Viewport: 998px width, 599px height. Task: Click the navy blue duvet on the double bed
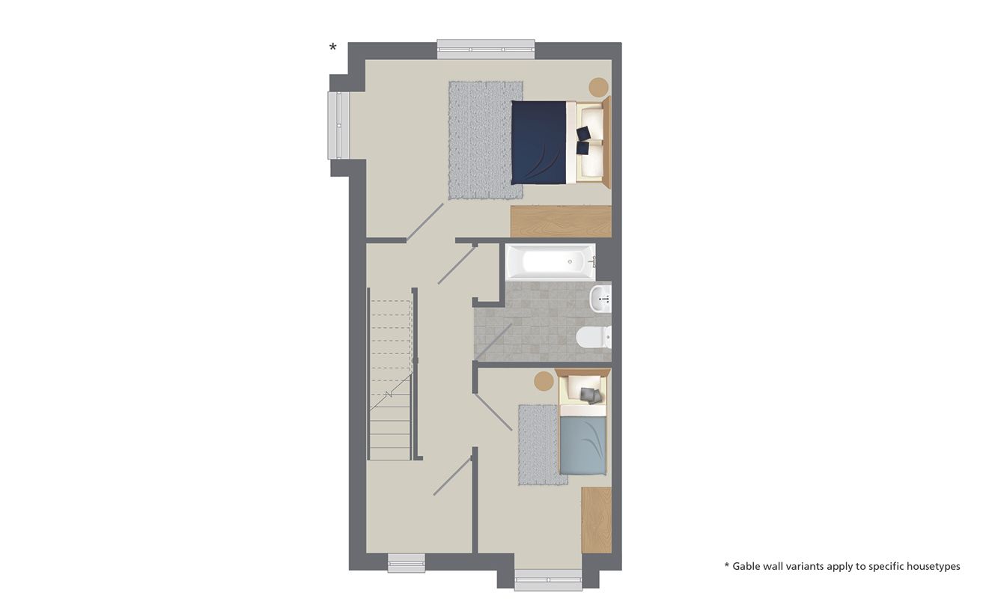[538, 142]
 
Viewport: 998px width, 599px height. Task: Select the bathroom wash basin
[600, 298]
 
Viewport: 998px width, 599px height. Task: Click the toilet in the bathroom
[593, 338]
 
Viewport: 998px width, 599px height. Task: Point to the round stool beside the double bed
[598, 87]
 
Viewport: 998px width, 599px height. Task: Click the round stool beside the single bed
[544, 380]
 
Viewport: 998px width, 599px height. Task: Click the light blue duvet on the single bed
[582, 446]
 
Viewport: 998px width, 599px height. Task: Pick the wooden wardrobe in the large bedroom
[560, 222]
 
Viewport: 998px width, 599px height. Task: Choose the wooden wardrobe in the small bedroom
[596, 520]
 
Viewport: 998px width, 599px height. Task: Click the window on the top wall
[486, 49]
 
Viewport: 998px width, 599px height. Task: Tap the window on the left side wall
[338, 125]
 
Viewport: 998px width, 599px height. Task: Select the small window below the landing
[406, 563]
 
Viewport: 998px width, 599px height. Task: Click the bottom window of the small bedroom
[548, 580]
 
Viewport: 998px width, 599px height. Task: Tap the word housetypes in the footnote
[933, 566]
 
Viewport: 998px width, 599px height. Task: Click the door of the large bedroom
[425, 222]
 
